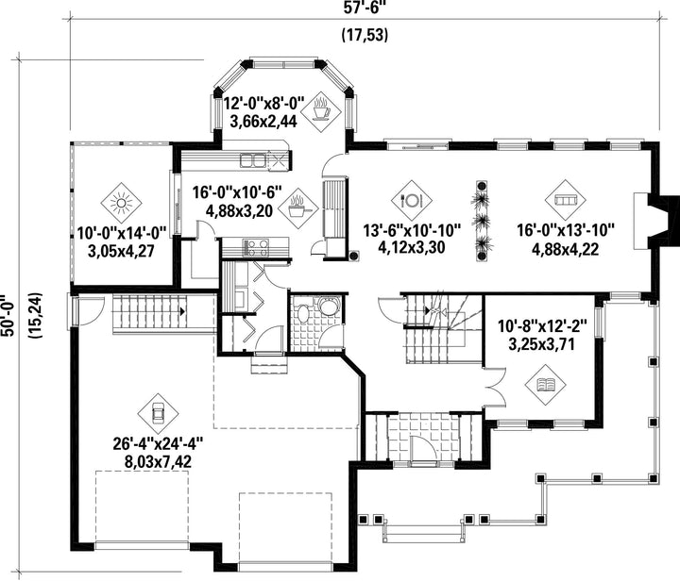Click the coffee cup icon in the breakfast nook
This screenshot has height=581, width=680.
322,111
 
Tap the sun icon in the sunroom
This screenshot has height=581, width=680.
121,202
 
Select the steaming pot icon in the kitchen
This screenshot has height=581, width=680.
297,208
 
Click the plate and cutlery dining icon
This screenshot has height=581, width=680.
411,201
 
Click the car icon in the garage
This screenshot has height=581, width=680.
158,413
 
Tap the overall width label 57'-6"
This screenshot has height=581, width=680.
365,8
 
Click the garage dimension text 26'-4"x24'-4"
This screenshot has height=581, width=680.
158,444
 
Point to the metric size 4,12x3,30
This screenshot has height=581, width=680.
411,248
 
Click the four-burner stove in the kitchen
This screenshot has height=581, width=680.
256,248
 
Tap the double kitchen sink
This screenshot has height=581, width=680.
253,160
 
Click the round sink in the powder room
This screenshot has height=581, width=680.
330,307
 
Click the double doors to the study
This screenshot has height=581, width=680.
494,387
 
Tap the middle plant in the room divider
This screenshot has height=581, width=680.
482,222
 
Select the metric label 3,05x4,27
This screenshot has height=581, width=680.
121,251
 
